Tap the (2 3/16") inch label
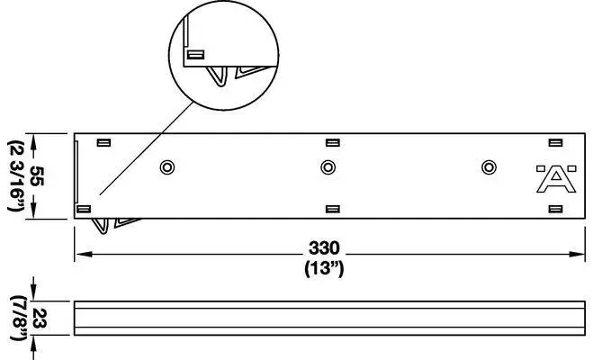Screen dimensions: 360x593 coord(15,176)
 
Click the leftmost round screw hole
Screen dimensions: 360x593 coord(166,167)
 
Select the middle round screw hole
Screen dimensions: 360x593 coord(328,167)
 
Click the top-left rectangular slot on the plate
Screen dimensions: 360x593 coord(103,142)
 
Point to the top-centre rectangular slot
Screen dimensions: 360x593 coord(331,142)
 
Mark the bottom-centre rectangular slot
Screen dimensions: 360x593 coord(331,209)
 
